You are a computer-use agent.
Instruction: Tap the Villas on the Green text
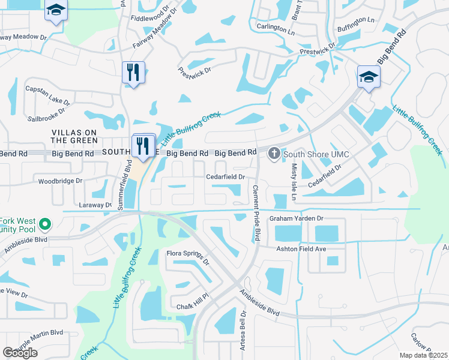click(74, 136)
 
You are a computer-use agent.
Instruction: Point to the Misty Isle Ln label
click(294, 176)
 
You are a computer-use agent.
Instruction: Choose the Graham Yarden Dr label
click(296, 218)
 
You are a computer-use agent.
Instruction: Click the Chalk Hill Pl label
click(191, 304)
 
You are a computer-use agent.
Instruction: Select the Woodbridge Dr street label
click(60, 181)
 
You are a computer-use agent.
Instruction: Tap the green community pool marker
click(44, 224)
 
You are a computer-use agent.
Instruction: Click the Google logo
click(20, 352)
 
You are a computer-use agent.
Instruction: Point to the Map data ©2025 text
click(423, 355)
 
